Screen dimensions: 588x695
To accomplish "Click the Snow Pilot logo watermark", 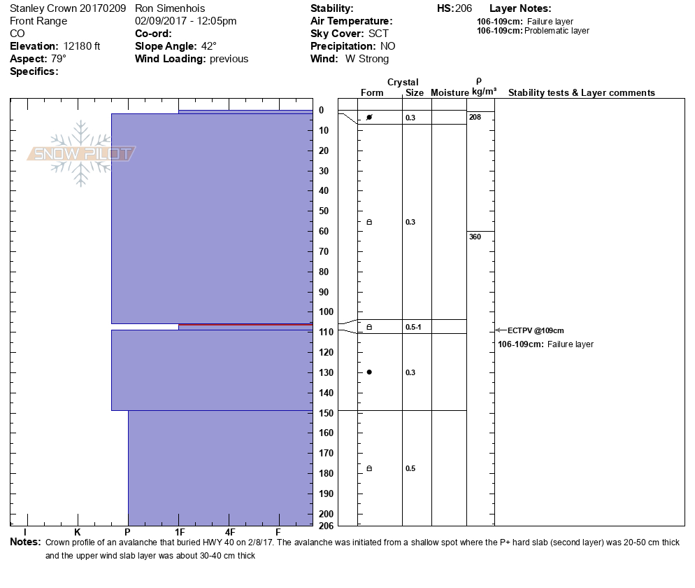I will point(81,154).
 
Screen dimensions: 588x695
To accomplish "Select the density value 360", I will point(475,237).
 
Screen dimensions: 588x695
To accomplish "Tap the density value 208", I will point(475,117).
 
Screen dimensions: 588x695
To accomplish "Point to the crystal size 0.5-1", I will point(413,327).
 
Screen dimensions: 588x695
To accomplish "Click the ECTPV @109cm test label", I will point(536,330).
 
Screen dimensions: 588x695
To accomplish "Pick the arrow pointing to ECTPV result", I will point(500,330).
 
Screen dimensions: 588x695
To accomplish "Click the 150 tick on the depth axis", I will point(326,412).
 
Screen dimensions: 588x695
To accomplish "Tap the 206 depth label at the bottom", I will point(326,525).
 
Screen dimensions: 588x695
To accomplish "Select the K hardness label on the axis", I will point(77,533).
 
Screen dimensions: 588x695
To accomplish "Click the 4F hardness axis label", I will point(230,533).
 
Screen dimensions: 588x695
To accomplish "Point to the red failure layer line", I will point(245,325).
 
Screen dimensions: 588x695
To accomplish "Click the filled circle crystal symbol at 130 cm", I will point(369,372).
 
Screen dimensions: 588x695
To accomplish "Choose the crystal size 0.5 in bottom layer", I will point(410,468).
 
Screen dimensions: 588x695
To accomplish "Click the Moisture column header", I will point(450,93).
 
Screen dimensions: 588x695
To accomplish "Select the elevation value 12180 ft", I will point(82,46).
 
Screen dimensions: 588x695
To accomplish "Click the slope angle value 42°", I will point(208,46).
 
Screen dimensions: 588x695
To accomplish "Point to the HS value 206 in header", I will point(464,8).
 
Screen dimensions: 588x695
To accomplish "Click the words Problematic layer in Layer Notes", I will point(557,31).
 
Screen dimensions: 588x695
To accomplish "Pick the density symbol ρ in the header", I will point(478,81).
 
